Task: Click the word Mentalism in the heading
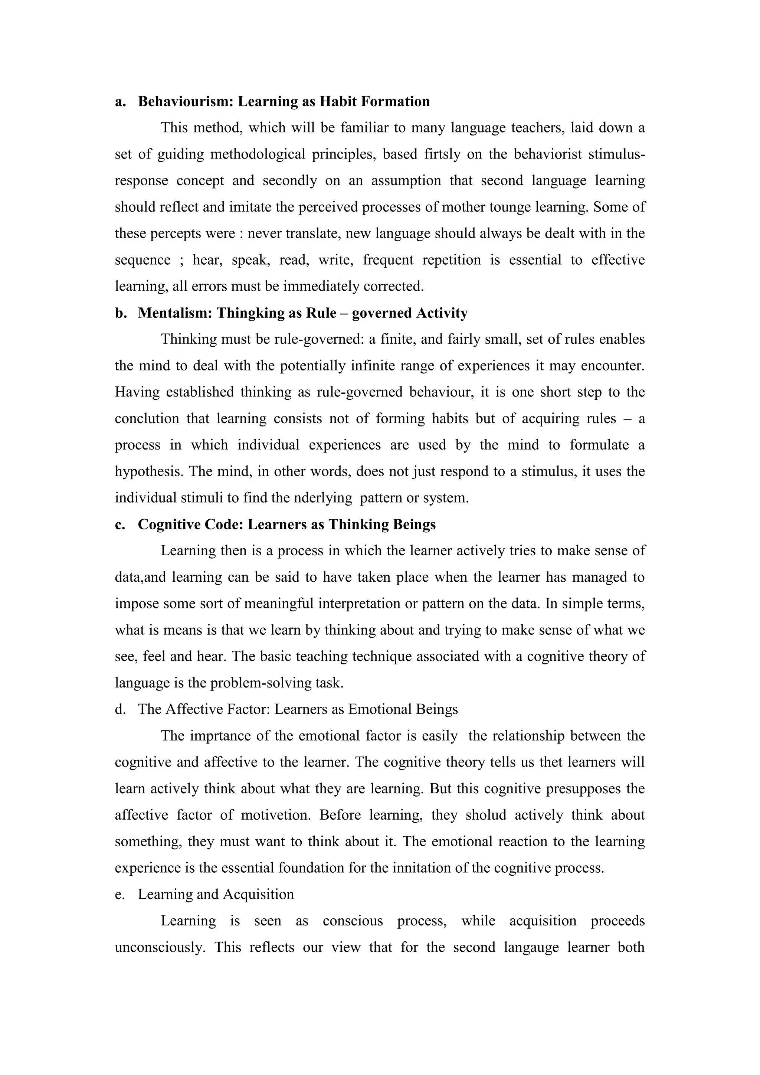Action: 175,313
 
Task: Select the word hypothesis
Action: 149,471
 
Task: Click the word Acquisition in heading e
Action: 258,894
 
